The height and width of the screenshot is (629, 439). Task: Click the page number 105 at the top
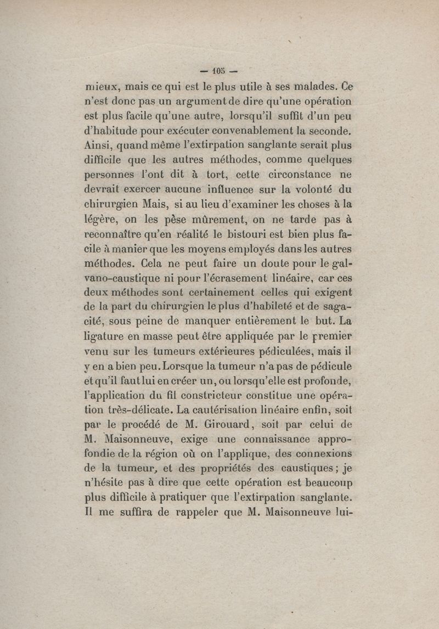coord(219,71)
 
